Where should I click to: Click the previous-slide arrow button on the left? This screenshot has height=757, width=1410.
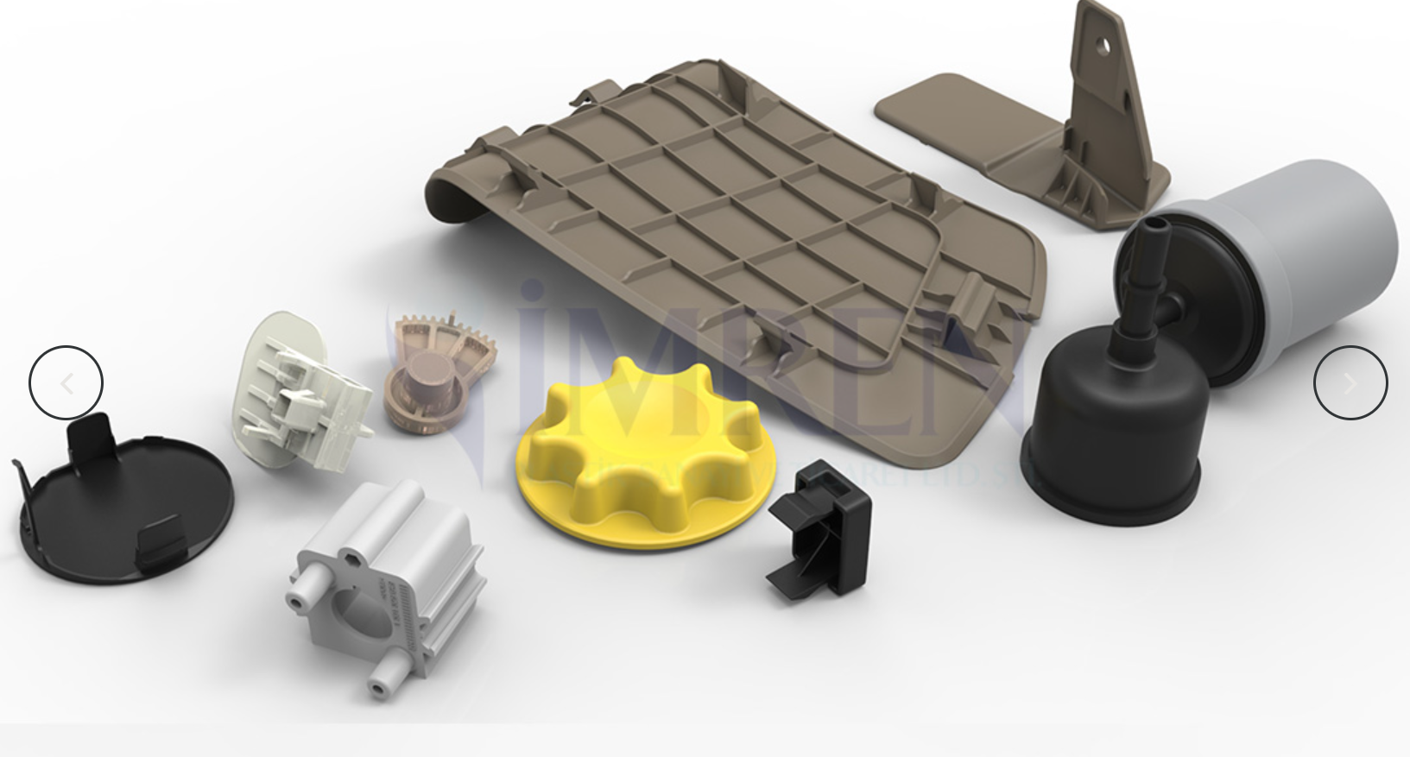pyautogui.click(x=66, y=383)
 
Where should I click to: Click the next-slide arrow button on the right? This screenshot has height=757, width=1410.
pyautogui.click(x=1350, y=383)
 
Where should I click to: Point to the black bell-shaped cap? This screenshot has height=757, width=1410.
pyautogui.click(x=1114, y=432)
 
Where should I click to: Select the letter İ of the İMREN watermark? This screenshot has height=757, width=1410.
pyautogui.click(x=534, y=363)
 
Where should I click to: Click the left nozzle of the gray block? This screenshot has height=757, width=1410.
pyautogui.click(x=300, y=598)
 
